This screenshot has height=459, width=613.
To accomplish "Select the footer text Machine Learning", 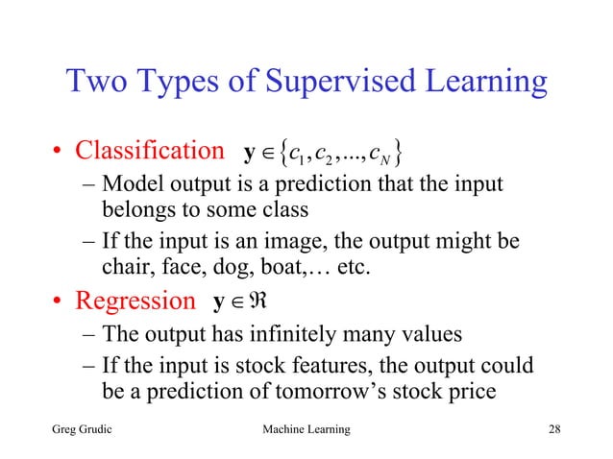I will (x=306, y=427).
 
